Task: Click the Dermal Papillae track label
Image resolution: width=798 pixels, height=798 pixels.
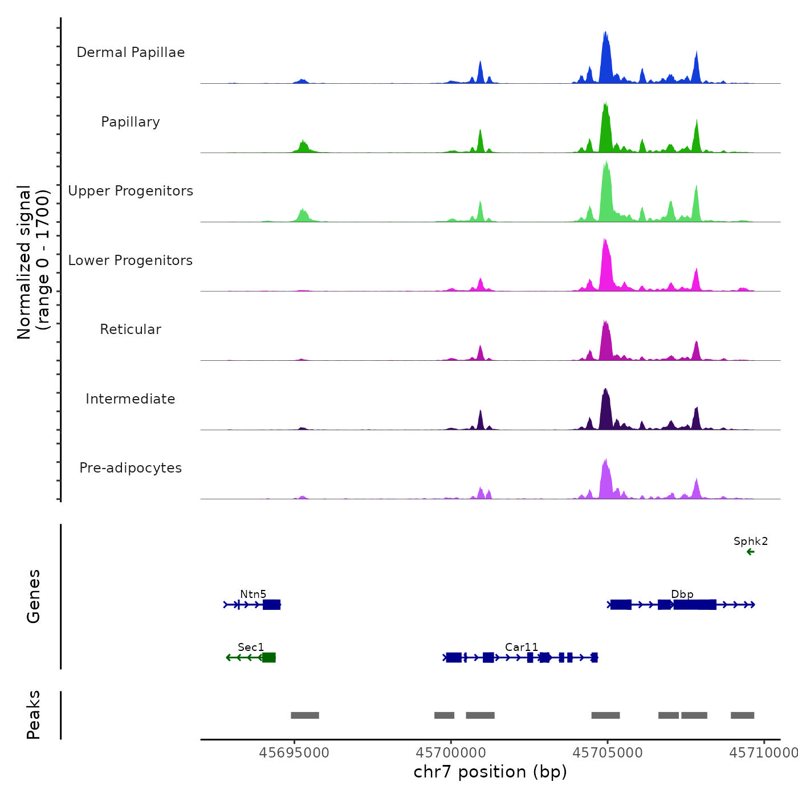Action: click(x=131, y=52)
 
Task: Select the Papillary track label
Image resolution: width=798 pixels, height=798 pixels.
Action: click(x=131, y=122)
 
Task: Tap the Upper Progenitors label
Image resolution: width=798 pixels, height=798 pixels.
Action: click(x=131, y=191)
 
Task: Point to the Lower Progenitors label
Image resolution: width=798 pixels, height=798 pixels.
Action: click(x=131, y=260)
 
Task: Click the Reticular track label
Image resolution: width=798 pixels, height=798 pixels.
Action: click(x=131, y=329)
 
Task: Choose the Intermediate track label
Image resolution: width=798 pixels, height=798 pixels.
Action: click(x=131, y=399)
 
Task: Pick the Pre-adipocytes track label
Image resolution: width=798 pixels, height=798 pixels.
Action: click(x=131, y=468)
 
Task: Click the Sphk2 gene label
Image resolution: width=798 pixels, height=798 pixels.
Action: click(x=751, y=541)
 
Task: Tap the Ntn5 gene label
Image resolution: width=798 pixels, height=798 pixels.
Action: click(x=253, y=595)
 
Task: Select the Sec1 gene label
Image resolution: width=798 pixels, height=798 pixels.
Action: click(x=251, y=648)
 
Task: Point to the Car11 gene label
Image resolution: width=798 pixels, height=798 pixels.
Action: click(x=522, y=648)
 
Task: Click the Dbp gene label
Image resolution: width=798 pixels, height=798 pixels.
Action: click(x=682, y=595)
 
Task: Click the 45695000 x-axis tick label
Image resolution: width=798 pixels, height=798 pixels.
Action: click(x=294, y=753)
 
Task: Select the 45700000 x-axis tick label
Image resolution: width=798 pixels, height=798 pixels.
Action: click(x=451, y=753)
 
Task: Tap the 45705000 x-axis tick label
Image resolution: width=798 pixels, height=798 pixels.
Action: click(x=608, y=753)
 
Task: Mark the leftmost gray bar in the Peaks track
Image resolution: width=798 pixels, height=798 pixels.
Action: click(x=305, y=715)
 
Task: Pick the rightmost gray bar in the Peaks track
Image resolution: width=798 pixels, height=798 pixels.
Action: click(x=742, y=715)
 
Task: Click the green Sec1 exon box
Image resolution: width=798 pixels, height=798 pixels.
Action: click(x=269, y=658)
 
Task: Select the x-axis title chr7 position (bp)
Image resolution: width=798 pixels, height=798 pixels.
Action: click(x=490, y=772)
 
